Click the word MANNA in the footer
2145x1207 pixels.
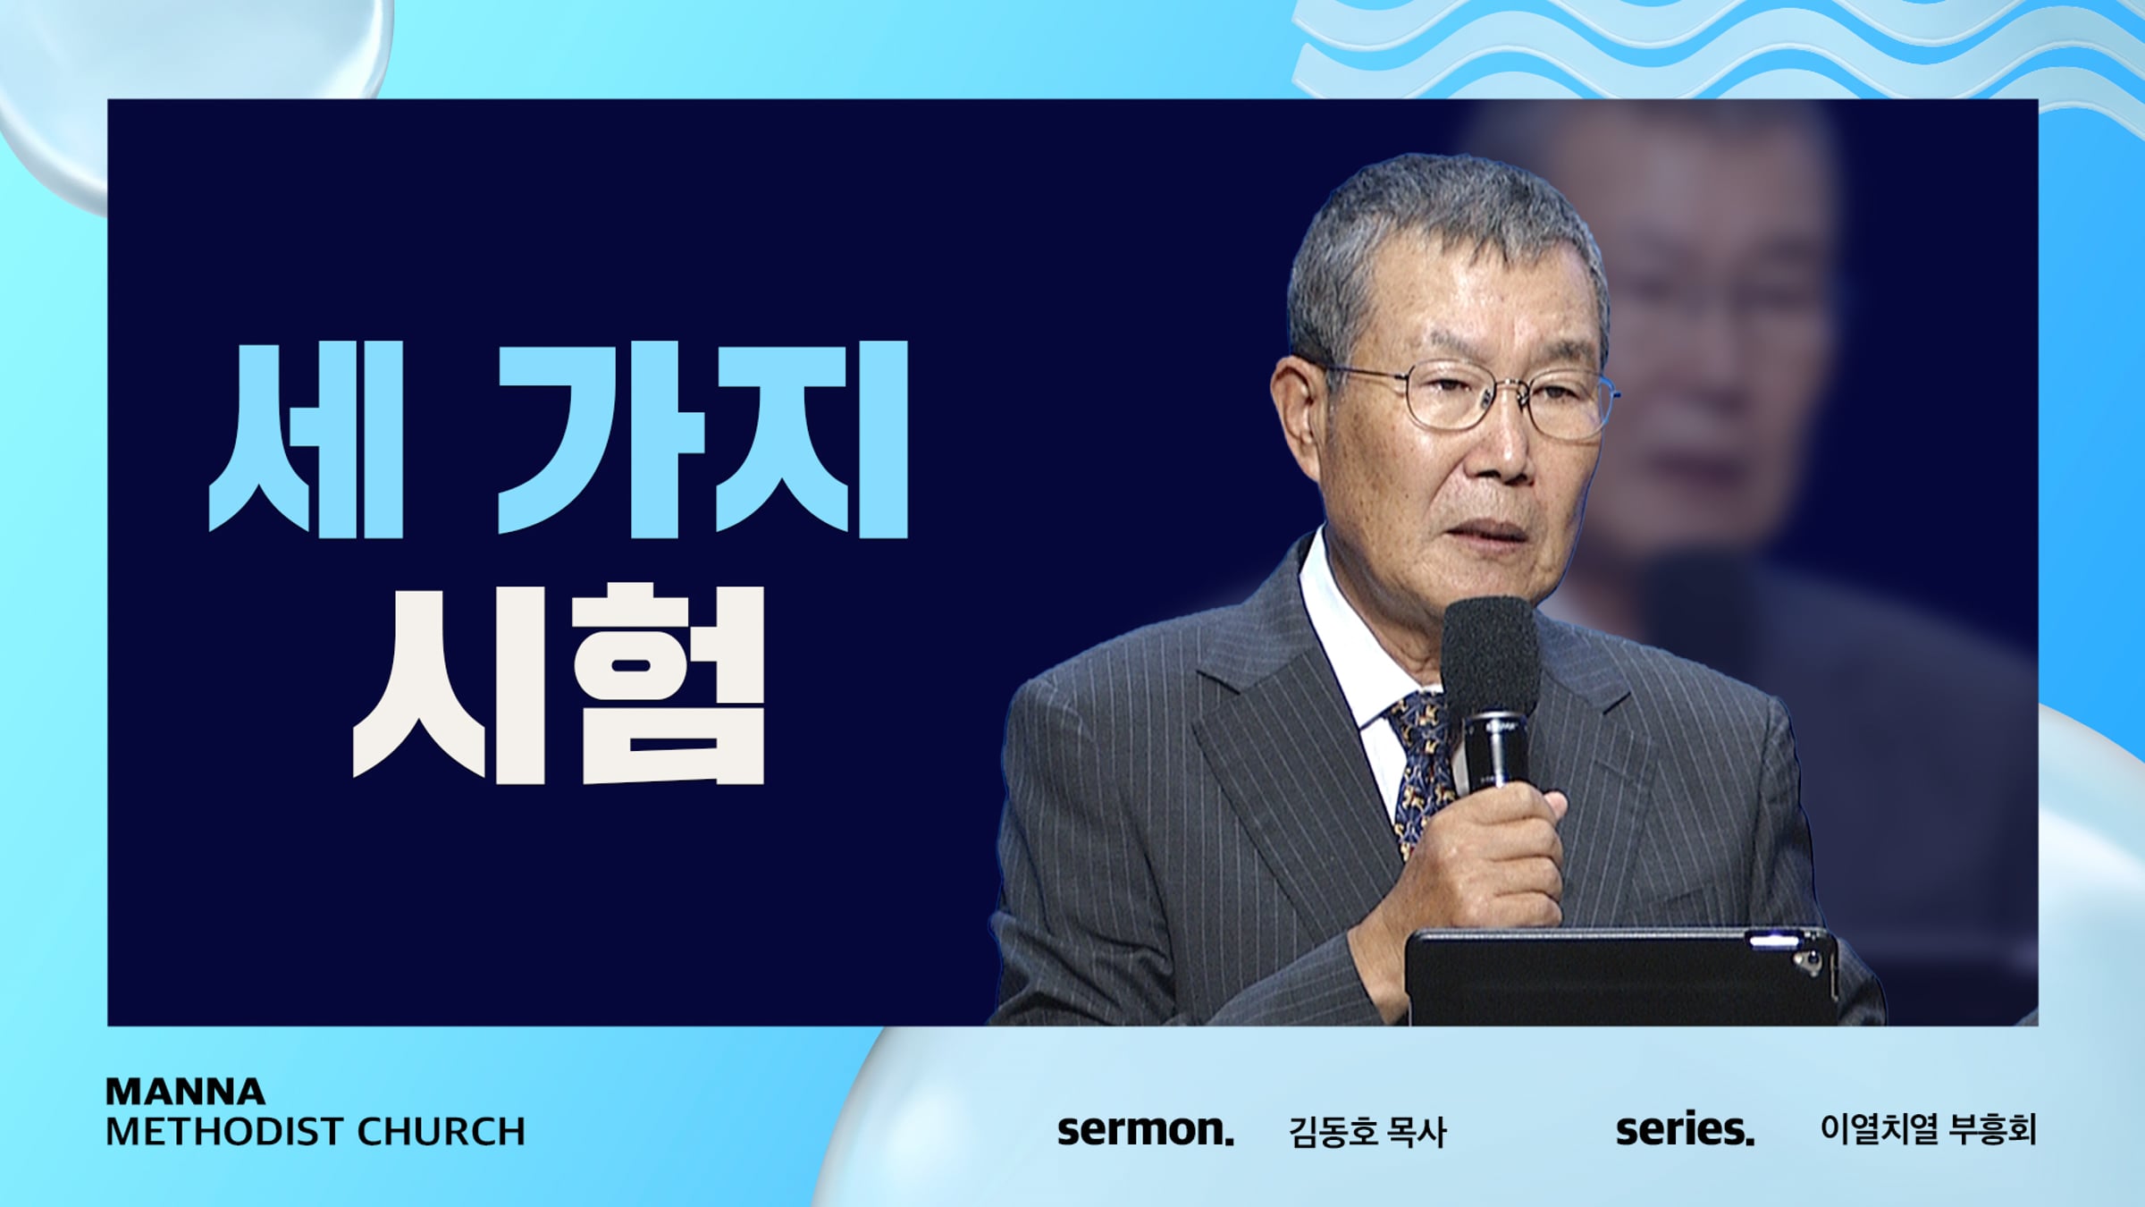[x=185, y=1092]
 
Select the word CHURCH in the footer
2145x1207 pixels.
[x=442, y=1132]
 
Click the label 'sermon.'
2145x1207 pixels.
[x=1146, y=1130]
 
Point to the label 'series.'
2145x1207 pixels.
[x=1685, y=1129]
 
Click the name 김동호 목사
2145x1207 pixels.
[x=1367, y=1132]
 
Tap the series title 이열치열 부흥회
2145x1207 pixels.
[x=1928, y=1129]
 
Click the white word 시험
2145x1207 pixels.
[x=559, y=684]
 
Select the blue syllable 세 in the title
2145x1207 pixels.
[x=306, y=440]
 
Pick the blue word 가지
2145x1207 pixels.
[x=702, y=440]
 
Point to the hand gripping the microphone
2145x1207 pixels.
[x=1484, y=858]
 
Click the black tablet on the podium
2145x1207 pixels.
[x=1622, y=976]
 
